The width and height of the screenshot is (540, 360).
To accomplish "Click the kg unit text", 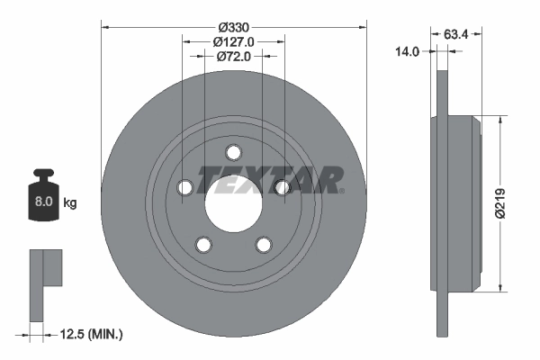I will [70, 203].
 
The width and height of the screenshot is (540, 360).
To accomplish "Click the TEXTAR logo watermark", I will [270, 179].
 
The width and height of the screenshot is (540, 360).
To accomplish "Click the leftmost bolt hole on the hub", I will [185, 187].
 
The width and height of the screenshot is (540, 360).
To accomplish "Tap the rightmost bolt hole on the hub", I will [282, 187].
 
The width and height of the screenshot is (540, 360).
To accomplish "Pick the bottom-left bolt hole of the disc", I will [204, 244].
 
